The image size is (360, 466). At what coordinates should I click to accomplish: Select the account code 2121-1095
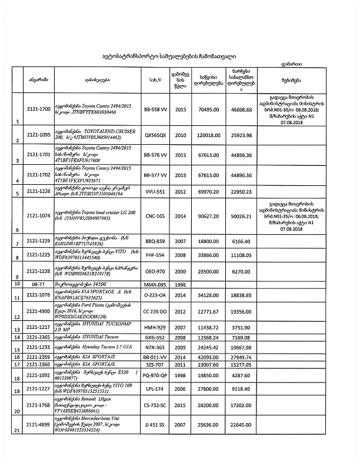pos(39,135)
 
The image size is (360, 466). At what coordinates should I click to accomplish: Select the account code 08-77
pos(39,284)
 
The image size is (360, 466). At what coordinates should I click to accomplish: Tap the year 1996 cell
pos(181,284)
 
